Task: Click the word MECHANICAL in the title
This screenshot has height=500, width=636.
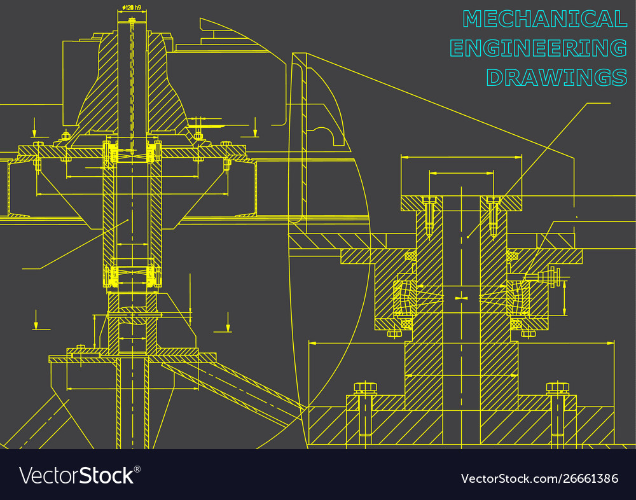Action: (545, 19)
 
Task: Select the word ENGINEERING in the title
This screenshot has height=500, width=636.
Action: (538, 48)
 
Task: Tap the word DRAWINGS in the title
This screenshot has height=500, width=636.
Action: (556, 77)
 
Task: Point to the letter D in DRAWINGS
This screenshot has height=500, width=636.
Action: (495, 77)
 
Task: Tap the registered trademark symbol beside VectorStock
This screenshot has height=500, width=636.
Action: (137, 469)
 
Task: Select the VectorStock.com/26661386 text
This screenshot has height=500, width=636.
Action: (539, 478)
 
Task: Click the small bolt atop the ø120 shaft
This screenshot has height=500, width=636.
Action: (132, 21)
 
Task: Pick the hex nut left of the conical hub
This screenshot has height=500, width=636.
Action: (66, 135)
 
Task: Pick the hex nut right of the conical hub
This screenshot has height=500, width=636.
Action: (198, 135)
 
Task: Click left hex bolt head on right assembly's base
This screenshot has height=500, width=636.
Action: (365, 387)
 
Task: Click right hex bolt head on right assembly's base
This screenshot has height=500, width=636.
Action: (557, 387)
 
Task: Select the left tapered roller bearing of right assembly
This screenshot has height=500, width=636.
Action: (404, 298)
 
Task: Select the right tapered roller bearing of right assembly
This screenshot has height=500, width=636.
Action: (518, 298)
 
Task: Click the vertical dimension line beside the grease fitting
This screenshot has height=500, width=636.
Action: (565, 298)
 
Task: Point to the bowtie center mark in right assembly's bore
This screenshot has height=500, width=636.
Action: (462, 297)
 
